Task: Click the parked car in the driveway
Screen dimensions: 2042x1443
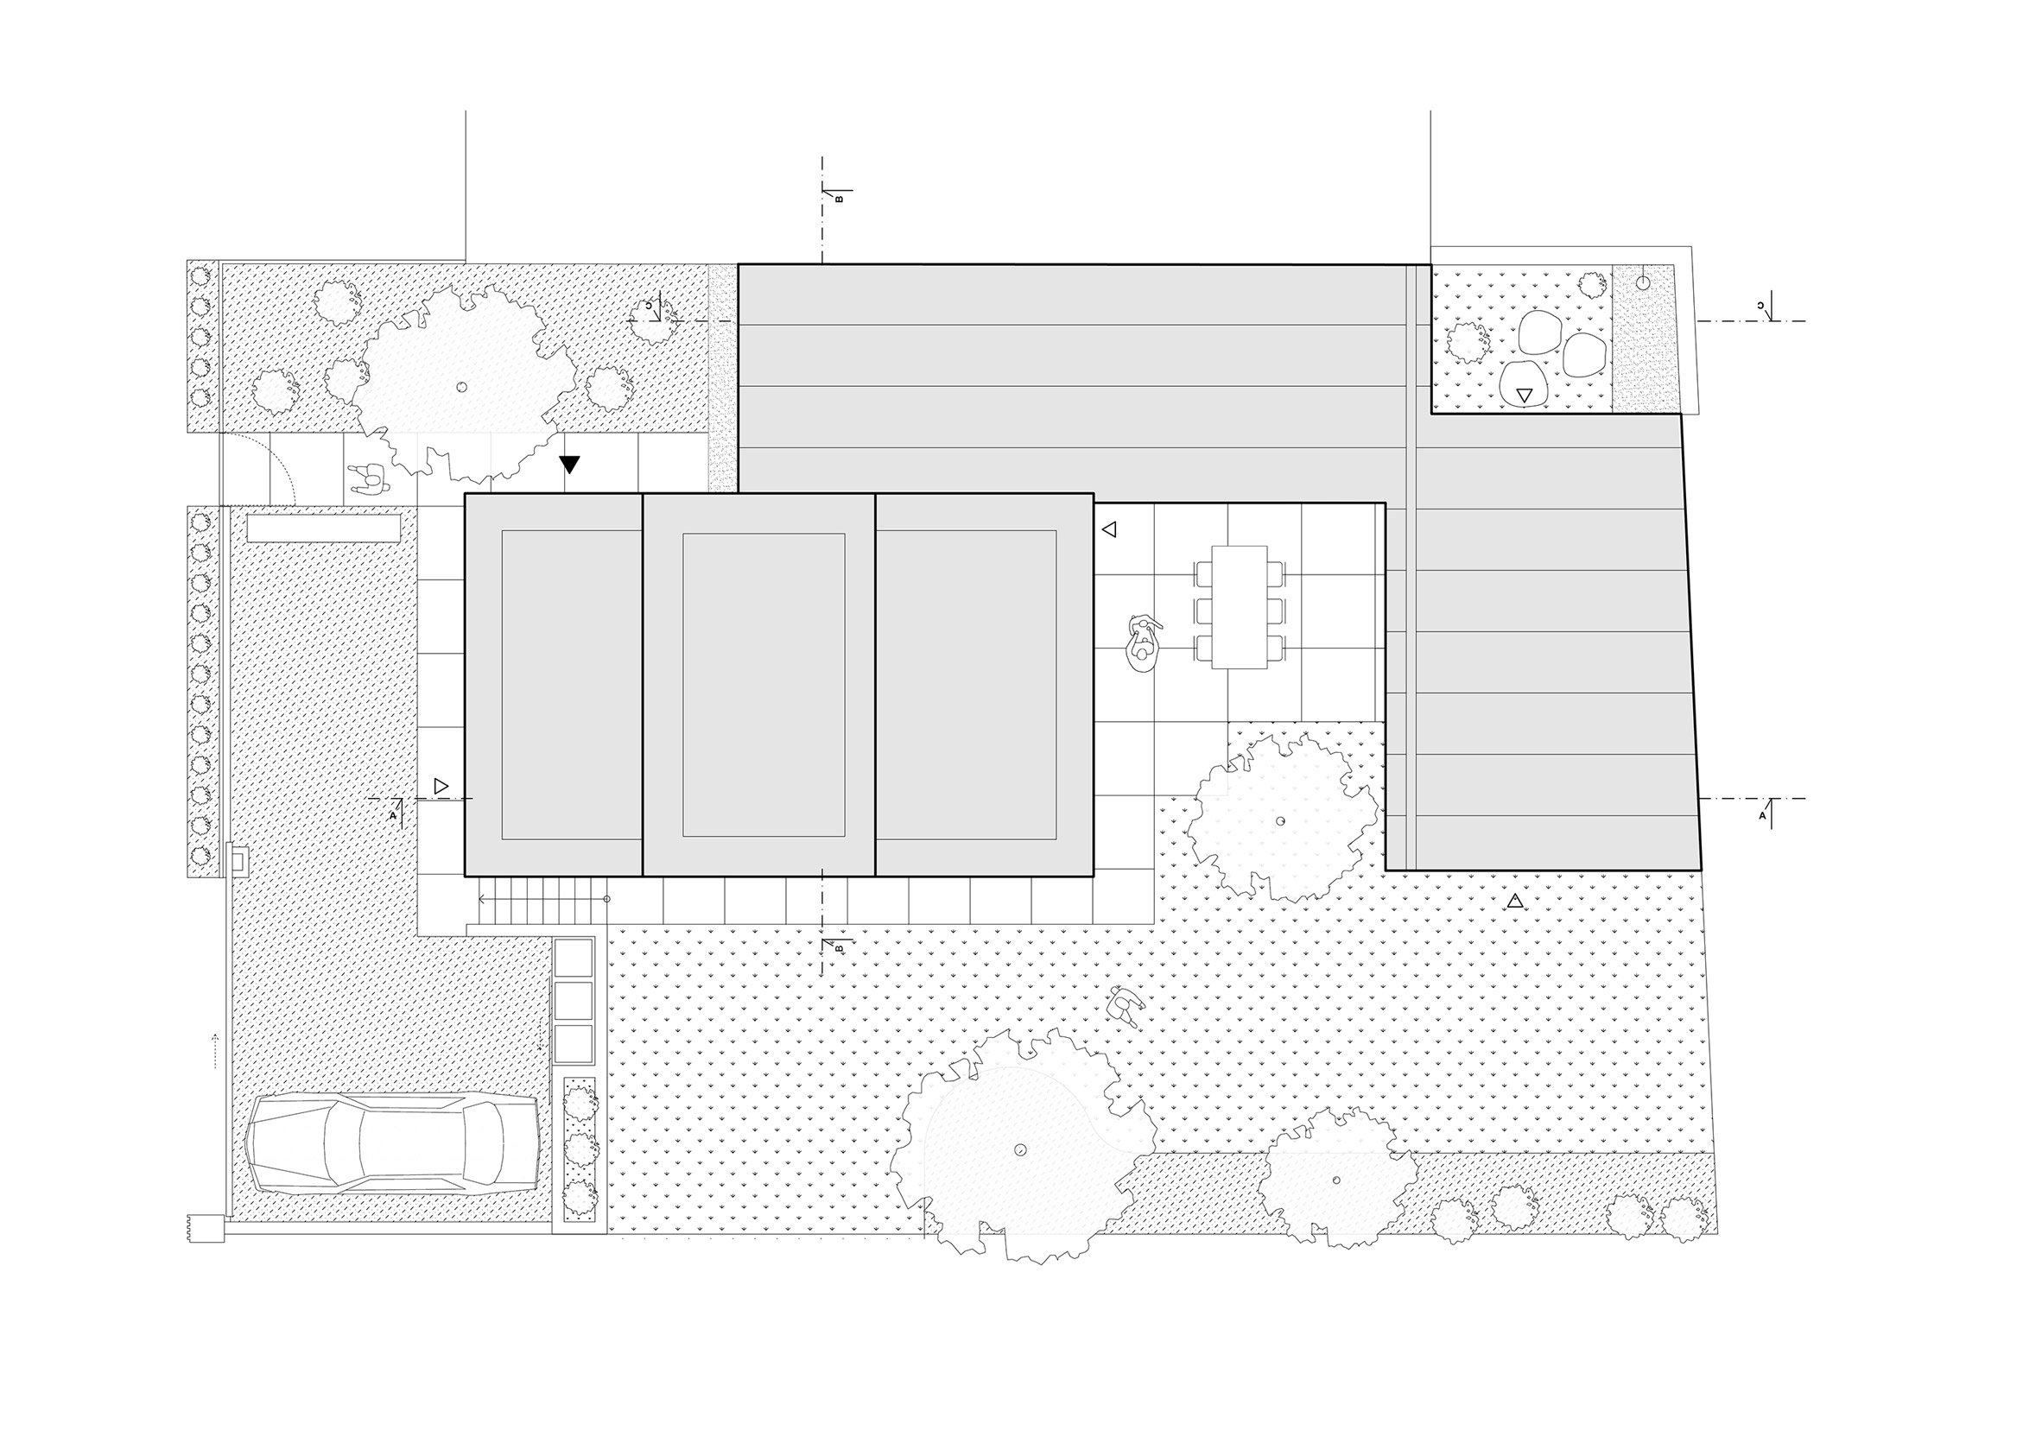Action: click(391, 1142)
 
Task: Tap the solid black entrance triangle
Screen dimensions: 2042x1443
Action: click(569, 464)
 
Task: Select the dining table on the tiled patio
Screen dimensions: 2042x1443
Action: click(1239, 606)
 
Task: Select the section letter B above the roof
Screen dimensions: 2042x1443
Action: click(838, 200)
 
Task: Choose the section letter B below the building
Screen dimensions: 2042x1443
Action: click(839, 949)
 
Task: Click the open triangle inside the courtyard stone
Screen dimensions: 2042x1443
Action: click(1525, 395)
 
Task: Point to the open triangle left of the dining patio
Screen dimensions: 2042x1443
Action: click(1108, 530)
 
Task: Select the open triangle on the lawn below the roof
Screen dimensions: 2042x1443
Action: click(1515, 902)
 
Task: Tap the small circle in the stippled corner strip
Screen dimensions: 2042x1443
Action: click(1643, 282)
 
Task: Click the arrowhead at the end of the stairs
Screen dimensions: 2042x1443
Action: click(482, 899)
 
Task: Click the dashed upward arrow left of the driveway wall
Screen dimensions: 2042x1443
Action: click(215, 1049)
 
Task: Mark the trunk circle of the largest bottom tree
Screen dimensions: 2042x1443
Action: click(1021, 1149)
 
